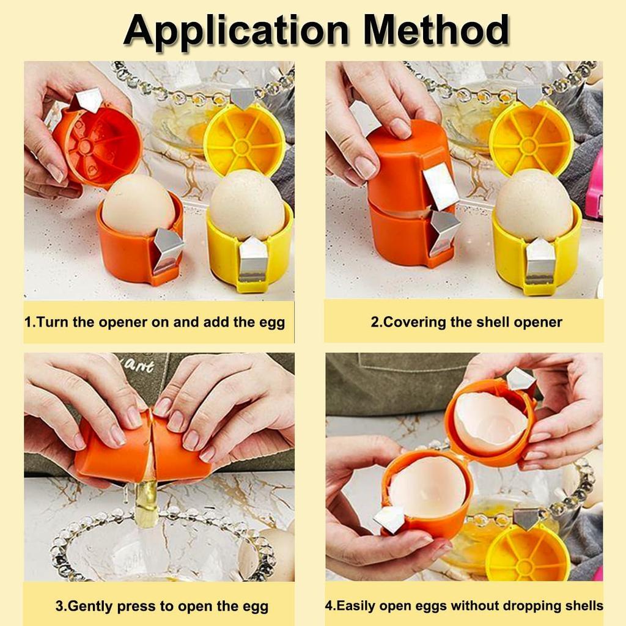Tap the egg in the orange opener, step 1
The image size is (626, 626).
[x=138, y=205]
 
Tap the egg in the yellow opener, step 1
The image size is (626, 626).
[x=248, y=205]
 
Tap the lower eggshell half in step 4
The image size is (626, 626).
[x=427, y=487]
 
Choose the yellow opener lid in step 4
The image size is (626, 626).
[x=528, y=553]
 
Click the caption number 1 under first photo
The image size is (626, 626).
[x=28, y=322]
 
